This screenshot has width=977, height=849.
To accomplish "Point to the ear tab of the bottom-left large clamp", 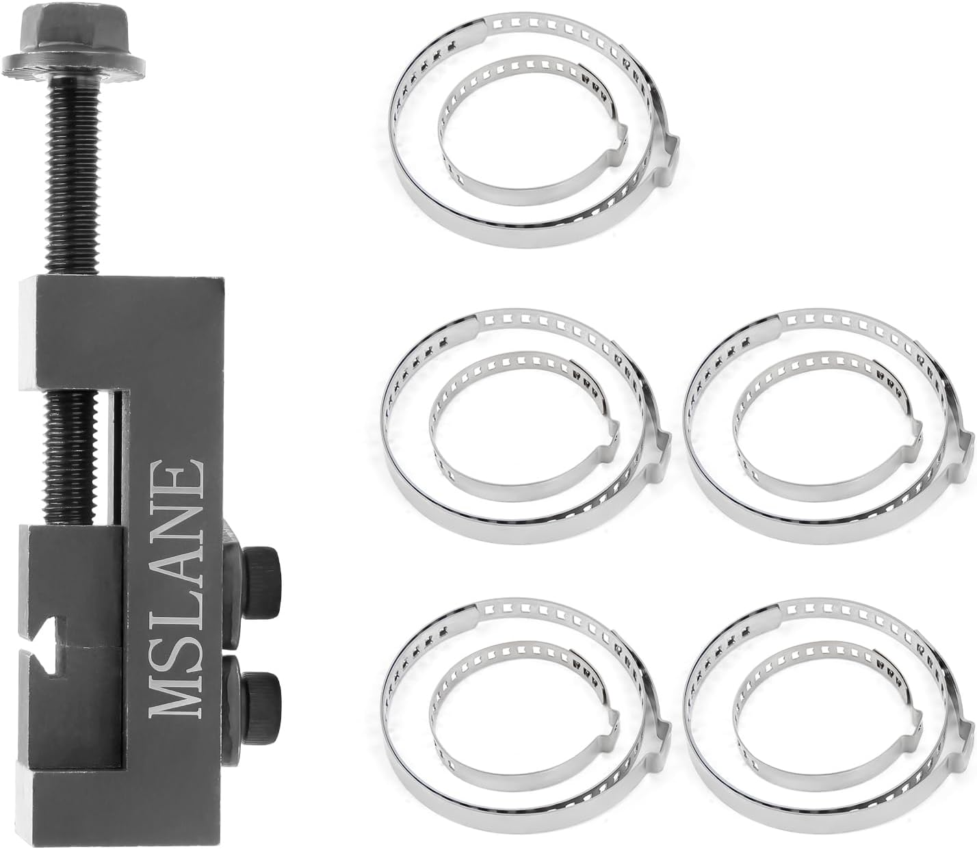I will pos(662,733).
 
